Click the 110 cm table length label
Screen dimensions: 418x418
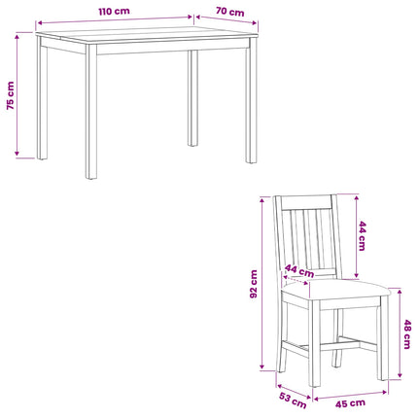point(114,12)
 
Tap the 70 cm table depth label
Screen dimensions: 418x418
point(229,12)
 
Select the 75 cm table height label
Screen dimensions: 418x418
point(11,95)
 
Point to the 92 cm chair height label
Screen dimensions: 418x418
point(254,284)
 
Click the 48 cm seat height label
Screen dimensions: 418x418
point(406,334)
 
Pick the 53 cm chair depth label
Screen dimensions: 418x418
point(293,401)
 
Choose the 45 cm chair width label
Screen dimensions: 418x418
point(350,403)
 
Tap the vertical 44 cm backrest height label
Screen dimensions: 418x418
point(362,236)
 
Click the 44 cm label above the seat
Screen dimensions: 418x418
point(299,271)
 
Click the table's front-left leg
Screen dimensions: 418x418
point(91,112)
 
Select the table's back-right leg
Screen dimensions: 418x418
point(192,98)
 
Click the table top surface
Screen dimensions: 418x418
point(147,34)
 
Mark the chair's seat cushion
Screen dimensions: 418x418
point(336,290)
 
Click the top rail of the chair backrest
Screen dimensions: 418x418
point(306,202)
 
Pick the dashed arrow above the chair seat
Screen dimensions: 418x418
point(296,280)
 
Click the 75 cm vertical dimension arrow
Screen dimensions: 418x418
point(17,95)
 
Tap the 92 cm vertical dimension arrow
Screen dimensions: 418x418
point(262,283)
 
